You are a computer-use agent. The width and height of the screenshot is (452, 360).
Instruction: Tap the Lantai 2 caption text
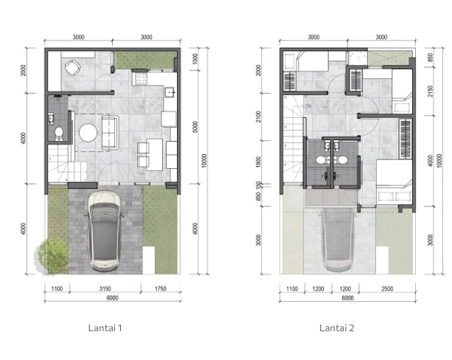337,328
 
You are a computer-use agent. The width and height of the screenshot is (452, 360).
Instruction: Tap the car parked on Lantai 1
105,230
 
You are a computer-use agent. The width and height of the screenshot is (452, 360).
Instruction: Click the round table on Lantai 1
88,133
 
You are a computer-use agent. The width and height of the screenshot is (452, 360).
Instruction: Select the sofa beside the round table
109,131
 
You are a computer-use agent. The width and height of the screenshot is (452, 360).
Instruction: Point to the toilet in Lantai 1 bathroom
59,134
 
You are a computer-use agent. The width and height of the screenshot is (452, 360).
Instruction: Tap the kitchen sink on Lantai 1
170,91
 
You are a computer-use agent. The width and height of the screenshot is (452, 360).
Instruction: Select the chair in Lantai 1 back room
72,69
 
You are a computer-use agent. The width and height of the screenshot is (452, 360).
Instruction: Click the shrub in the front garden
53,255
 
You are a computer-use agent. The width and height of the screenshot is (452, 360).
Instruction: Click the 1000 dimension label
193,59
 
